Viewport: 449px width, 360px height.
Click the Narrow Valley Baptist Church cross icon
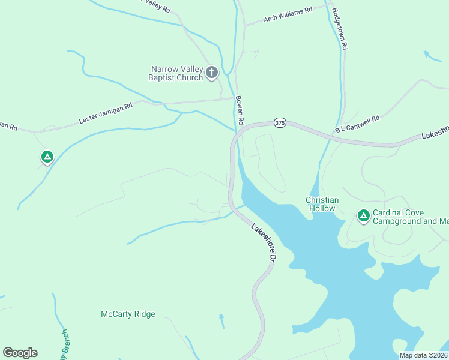(x=211, y=73)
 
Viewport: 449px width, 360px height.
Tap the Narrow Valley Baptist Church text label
(x=176, y=73)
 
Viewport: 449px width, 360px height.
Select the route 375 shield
(x=280, y=122)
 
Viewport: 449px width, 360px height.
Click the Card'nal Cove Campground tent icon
(x=363, y=215)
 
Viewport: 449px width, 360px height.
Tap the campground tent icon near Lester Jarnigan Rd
(x=47, y=157)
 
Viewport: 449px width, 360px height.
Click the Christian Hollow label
(x=322, y=204)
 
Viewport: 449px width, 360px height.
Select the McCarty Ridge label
(x=128, y=314)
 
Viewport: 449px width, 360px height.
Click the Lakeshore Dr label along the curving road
(x=262, y=243)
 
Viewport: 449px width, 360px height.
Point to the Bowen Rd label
(x=240, y=110)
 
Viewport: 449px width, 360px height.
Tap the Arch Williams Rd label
(x=288, y=14)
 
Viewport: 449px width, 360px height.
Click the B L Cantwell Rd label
(x=358, y=124)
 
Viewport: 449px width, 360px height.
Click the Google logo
(x=20, y=353)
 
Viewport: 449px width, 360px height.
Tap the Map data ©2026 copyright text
(x=423, y=355)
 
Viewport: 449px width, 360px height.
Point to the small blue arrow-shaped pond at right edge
(x=432, y=56)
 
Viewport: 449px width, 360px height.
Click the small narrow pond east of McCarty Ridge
(x=221, y=320)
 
